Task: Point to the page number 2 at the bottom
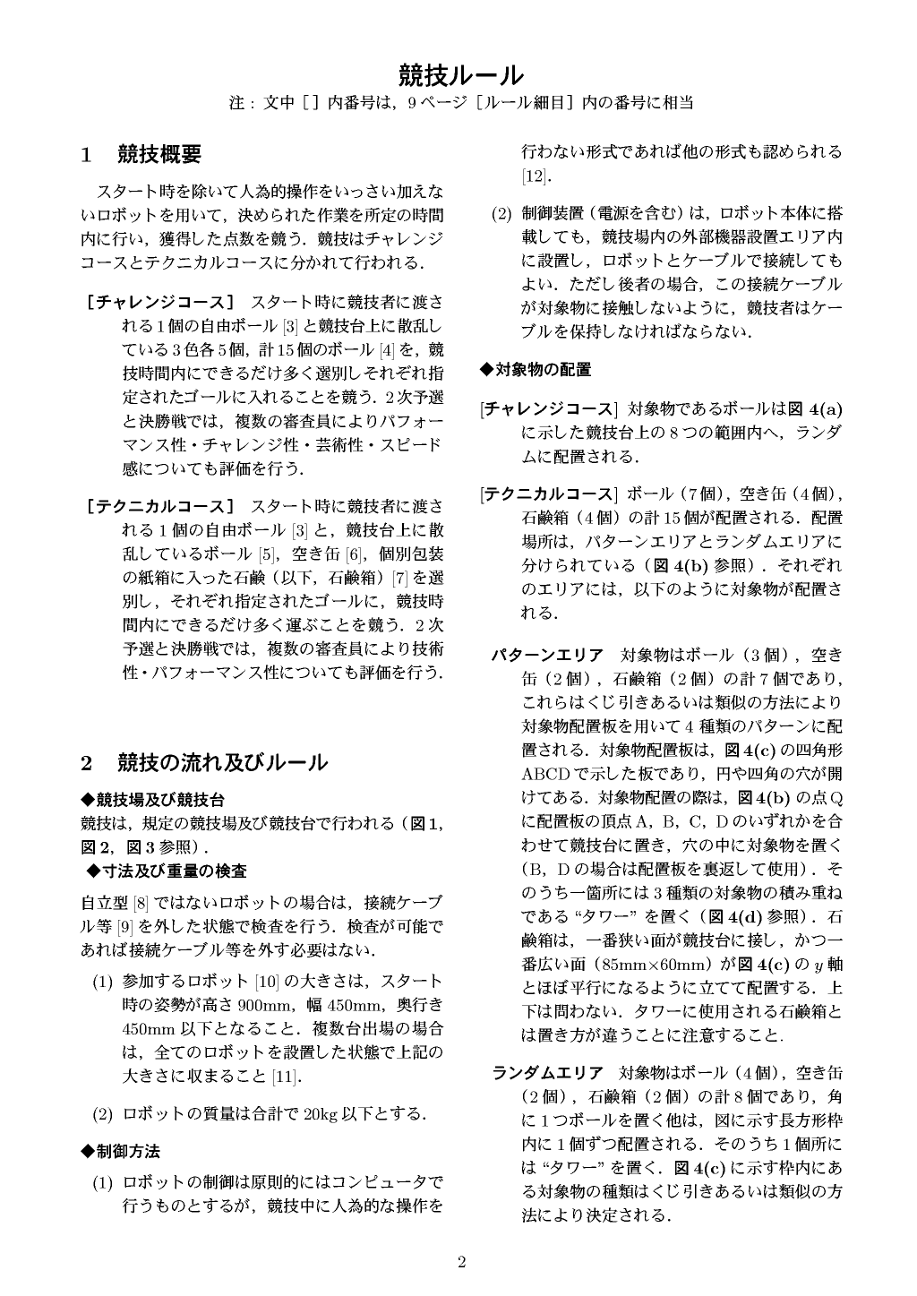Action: tap(462, 1263)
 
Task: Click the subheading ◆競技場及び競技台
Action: tap(152, 799)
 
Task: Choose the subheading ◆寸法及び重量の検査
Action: tap(167, 870)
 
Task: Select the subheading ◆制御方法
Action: tap(121, 1150)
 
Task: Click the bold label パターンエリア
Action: tap(547, 654)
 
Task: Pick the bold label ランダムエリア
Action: tap(547, 1073)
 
